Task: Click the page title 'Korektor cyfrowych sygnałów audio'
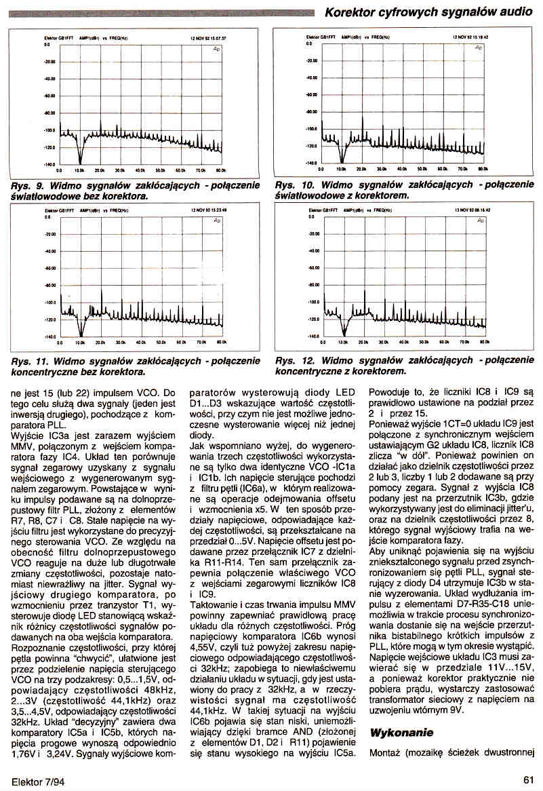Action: coord(428,12)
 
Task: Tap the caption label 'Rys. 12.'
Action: coord(295,361)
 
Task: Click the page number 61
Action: coord(529,780)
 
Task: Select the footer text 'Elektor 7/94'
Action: coord(34,780)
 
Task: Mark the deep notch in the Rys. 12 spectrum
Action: coord(344,332)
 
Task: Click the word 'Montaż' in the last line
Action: coord(386,752)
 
